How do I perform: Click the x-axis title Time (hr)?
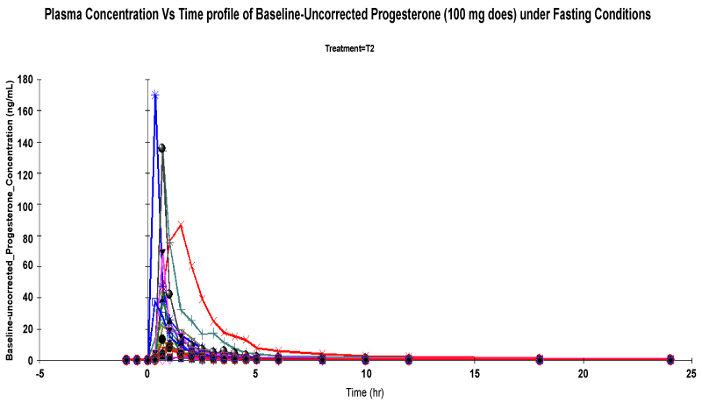tap(364, 391)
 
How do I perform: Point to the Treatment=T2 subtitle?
tap(350, 48)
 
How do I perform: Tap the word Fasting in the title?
tap(565, 15)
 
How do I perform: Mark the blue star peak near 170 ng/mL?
tap(155, 95)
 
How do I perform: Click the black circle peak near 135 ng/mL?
tap(161, 148)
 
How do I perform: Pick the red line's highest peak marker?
tap(181, 224)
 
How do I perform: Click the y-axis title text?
tap(11, 219)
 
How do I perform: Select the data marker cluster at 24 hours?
tap(670, 359)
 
